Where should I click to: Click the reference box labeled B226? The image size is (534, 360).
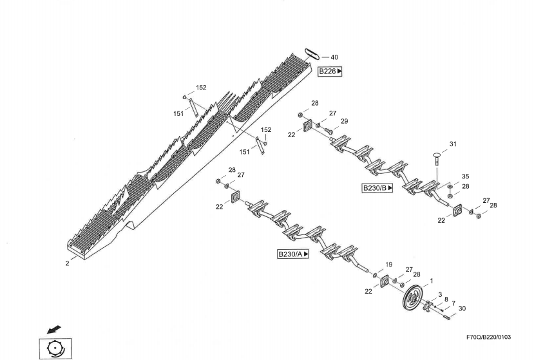tap(330, 71)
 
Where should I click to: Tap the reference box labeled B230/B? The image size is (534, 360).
tap(377, 187)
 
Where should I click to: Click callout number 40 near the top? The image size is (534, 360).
tap(334, 57)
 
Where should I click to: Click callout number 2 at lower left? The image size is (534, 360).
tap(67, 263)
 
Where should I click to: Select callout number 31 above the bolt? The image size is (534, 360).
tap(452, 144)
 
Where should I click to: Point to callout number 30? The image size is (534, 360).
tap(462, 308)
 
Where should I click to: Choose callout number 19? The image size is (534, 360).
tap(388, 264)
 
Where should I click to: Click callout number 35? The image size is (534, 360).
tap(465, 176)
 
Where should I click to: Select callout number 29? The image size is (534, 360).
tap(344, 121)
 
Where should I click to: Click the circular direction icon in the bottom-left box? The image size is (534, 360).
tap(56, 348)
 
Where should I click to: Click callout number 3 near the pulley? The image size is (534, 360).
tap(440, 294)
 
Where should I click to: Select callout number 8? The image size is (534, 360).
tap(446, 299)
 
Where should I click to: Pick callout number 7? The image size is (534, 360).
tap(453, 303)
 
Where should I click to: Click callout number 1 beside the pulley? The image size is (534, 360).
tap(431, 281)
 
